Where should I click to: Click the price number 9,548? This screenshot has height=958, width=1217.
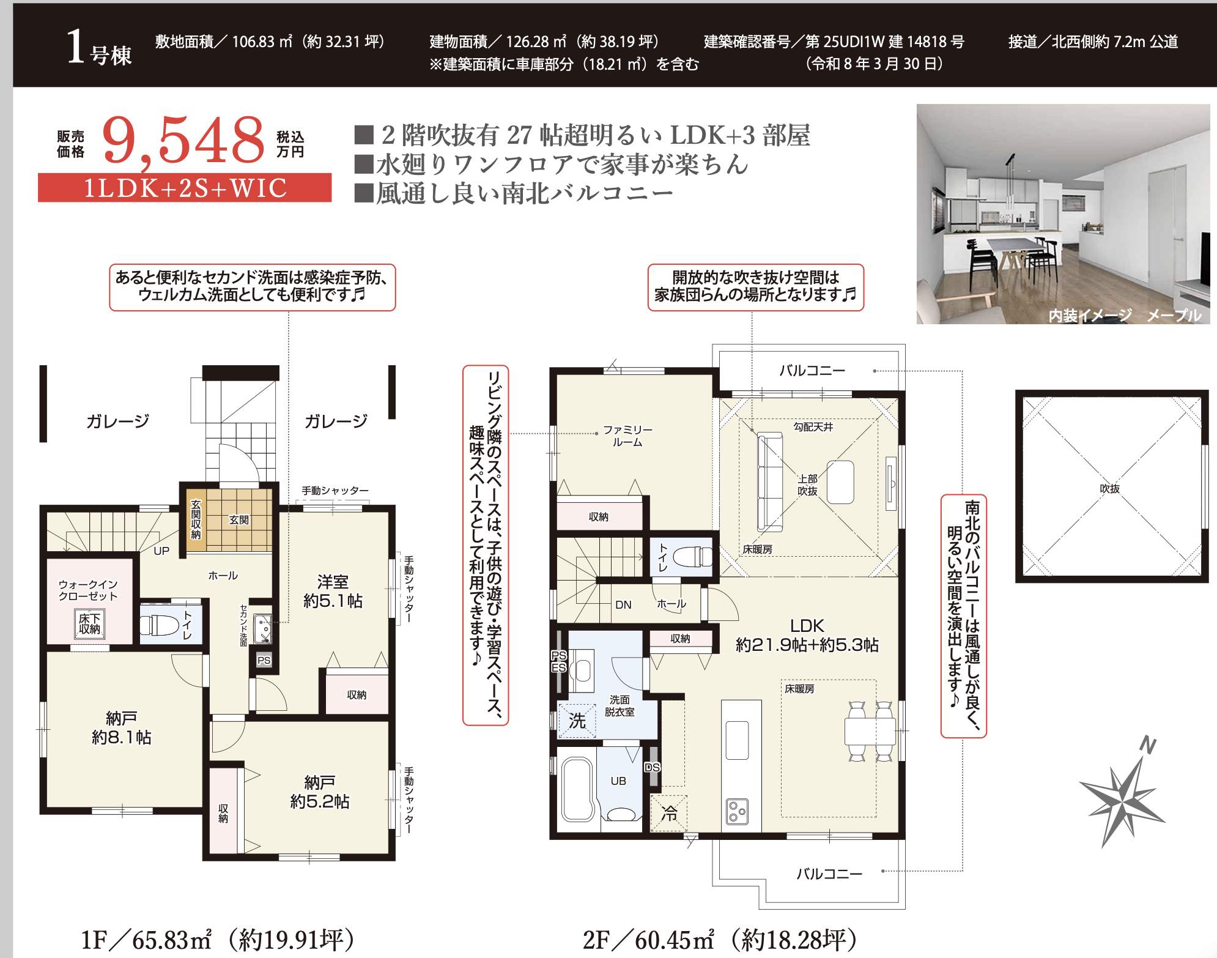[183, 141]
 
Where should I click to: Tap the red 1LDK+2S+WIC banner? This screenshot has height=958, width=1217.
[185, 188]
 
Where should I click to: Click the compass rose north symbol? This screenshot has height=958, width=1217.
[1122, 795]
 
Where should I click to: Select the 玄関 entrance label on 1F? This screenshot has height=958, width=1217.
[239, 520]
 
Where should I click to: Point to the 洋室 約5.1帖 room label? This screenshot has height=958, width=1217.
[333, 591]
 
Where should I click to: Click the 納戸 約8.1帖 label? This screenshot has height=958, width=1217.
[121, 727]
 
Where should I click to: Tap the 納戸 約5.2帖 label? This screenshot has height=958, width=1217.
[319, 792]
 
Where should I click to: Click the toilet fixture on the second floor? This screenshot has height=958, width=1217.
[692, 557]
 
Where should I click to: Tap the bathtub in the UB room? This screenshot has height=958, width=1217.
[577, 789]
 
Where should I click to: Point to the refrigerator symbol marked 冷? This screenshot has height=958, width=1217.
[669, 813]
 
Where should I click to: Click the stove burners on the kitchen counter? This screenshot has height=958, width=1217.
[737, 812]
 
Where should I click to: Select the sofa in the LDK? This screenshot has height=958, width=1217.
[770, 482]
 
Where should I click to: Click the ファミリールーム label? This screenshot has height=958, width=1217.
[627, 436]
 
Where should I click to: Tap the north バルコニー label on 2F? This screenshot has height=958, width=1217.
[812, 370]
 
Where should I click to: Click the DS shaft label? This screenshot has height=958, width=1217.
[653, 767]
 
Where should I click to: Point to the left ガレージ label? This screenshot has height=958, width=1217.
[118, 421]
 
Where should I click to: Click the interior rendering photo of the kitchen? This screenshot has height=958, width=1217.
[1063, 214]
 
